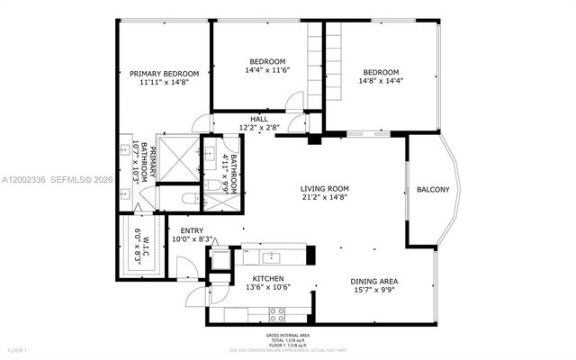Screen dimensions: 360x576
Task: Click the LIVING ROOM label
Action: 325,189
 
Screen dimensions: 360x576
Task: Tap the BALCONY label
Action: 433,189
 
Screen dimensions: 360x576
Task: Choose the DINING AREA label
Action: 373,282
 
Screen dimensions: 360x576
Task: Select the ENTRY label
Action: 193,230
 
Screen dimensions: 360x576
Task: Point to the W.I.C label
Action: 139,242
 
